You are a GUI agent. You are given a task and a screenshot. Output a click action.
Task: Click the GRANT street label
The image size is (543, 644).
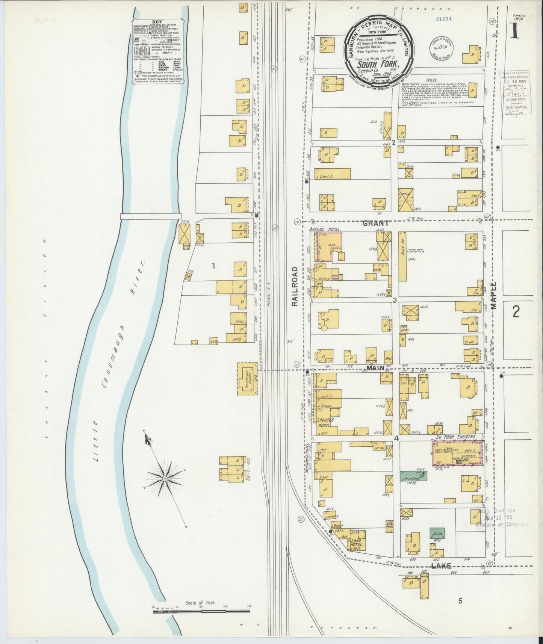(x=375, y=224)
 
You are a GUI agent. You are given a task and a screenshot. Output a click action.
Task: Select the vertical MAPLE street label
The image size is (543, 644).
(x=493, y=295)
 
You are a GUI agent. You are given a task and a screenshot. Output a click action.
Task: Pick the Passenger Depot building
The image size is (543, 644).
(x=247, y=379)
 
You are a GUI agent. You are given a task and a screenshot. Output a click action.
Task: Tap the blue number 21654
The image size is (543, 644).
(x=443, y=18)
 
